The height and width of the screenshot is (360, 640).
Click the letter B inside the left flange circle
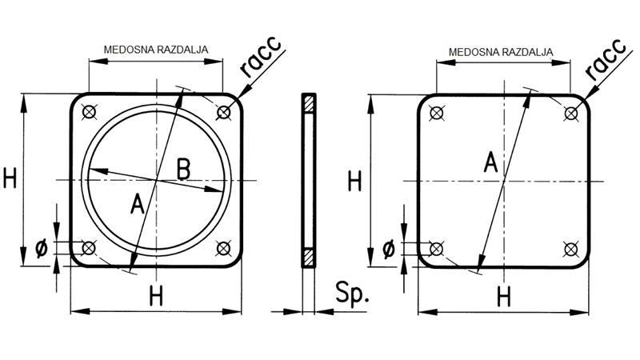tap(183, 169)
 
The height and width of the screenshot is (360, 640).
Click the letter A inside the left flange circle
tap(137, 206)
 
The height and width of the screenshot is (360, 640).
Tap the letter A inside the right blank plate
tap(490, 164)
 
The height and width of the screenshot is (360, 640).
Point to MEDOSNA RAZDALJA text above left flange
tap(155, 50)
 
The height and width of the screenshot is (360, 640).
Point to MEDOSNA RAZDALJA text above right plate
tap(502, 52)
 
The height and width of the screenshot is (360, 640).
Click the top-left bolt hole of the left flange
tap(89, 114)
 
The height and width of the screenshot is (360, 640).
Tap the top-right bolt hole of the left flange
tap(225, 114)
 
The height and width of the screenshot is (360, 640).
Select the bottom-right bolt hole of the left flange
tap(225, 249)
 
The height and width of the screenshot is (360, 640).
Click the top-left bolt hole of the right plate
tap(435, 114)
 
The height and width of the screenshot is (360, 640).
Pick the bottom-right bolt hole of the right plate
tap(571, 249)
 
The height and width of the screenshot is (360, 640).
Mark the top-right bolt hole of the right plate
tap(571, 114)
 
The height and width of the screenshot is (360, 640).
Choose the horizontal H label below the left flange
tap(157, 296)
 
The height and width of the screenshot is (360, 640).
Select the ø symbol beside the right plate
tap(389, 249)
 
